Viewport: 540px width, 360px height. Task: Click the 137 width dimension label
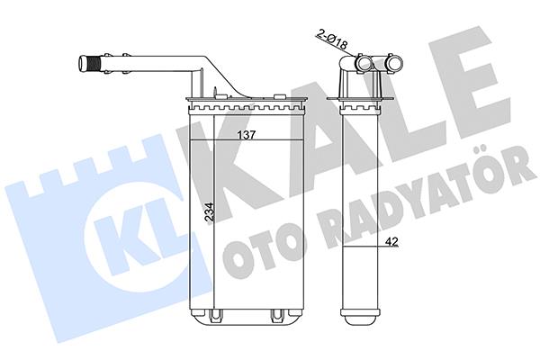pos(247,135)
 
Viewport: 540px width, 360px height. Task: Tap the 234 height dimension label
pos(209,211)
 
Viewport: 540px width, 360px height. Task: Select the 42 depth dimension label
pos(391,242)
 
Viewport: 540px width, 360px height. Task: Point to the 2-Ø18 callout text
pos(332,39)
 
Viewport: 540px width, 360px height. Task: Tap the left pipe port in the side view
pos(363,63)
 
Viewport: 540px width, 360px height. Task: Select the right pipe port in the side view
pos(394,63)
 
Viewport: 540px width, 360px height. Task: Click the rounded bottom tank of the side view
pos(360,316)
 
